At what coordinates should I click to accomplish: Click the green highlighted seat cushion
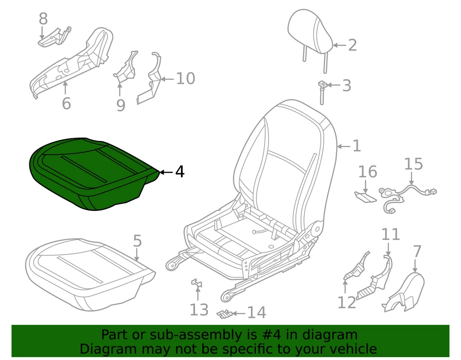pos(91,173)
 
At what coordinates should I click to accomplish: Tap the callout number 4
pos(180,172)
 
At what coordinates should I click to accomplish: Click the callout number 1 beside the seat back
pos(356,146)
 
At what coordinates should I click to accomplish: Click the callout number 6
pos(66,103)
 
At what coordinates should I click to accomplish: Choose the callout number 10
pos(185,78)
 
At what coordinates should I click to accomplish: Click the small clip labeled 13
pos(196,285)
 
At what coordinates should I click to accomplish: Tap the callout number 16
pos(367,172)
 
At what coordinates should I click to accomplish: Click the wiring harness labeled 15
pos(408,195)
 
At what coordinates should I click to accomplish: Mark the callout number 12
pos(346,302)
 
